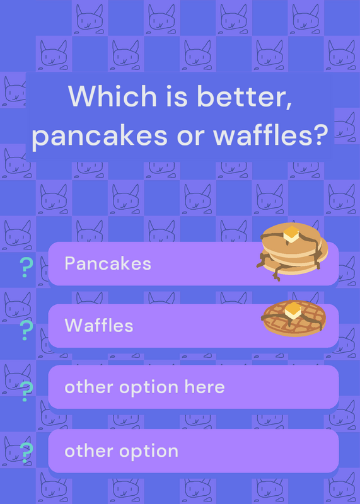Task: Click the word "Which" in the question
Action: (112, 96)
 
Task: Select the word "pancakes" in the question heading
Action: (100, 135)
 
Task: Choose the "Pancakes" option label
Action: (108, 263)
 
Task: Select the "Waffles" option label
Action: (99, 325)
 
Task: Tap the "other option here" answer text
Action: (144, 387)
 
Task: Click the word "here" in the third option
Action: (205, 387)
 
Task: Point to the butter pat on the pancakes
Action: (291, 234)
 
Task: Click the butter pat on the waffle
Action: (293, 311)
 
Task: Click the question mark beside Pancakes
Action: (26, 267)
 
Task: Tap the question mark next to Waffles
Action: (26, 330)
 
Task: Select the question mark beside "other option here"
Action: (26, 391)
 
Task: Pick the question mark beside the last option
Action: (26, 452)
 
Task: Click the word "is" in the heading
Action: (177, 96)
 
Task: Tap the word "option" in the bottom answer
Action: (149, 452)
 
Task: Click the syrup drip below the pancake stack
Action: (276, 273)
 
